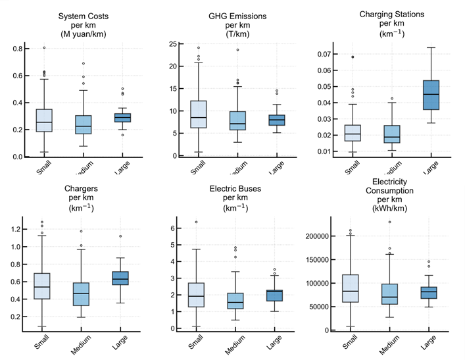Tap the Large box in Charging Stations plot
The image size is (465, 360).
tap(431, 95)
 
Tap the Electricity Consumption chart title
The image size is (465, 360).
tap(393, 191)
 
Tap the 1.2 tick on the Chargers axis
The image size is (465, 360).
tap(18, 229)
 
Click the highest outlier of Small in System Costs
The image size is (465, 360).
tap(45, 47)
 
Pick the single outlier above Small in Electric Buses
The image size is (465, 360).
tap(197, 222)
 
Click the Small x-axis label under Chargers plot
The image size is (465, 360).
tap(42, 345)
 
